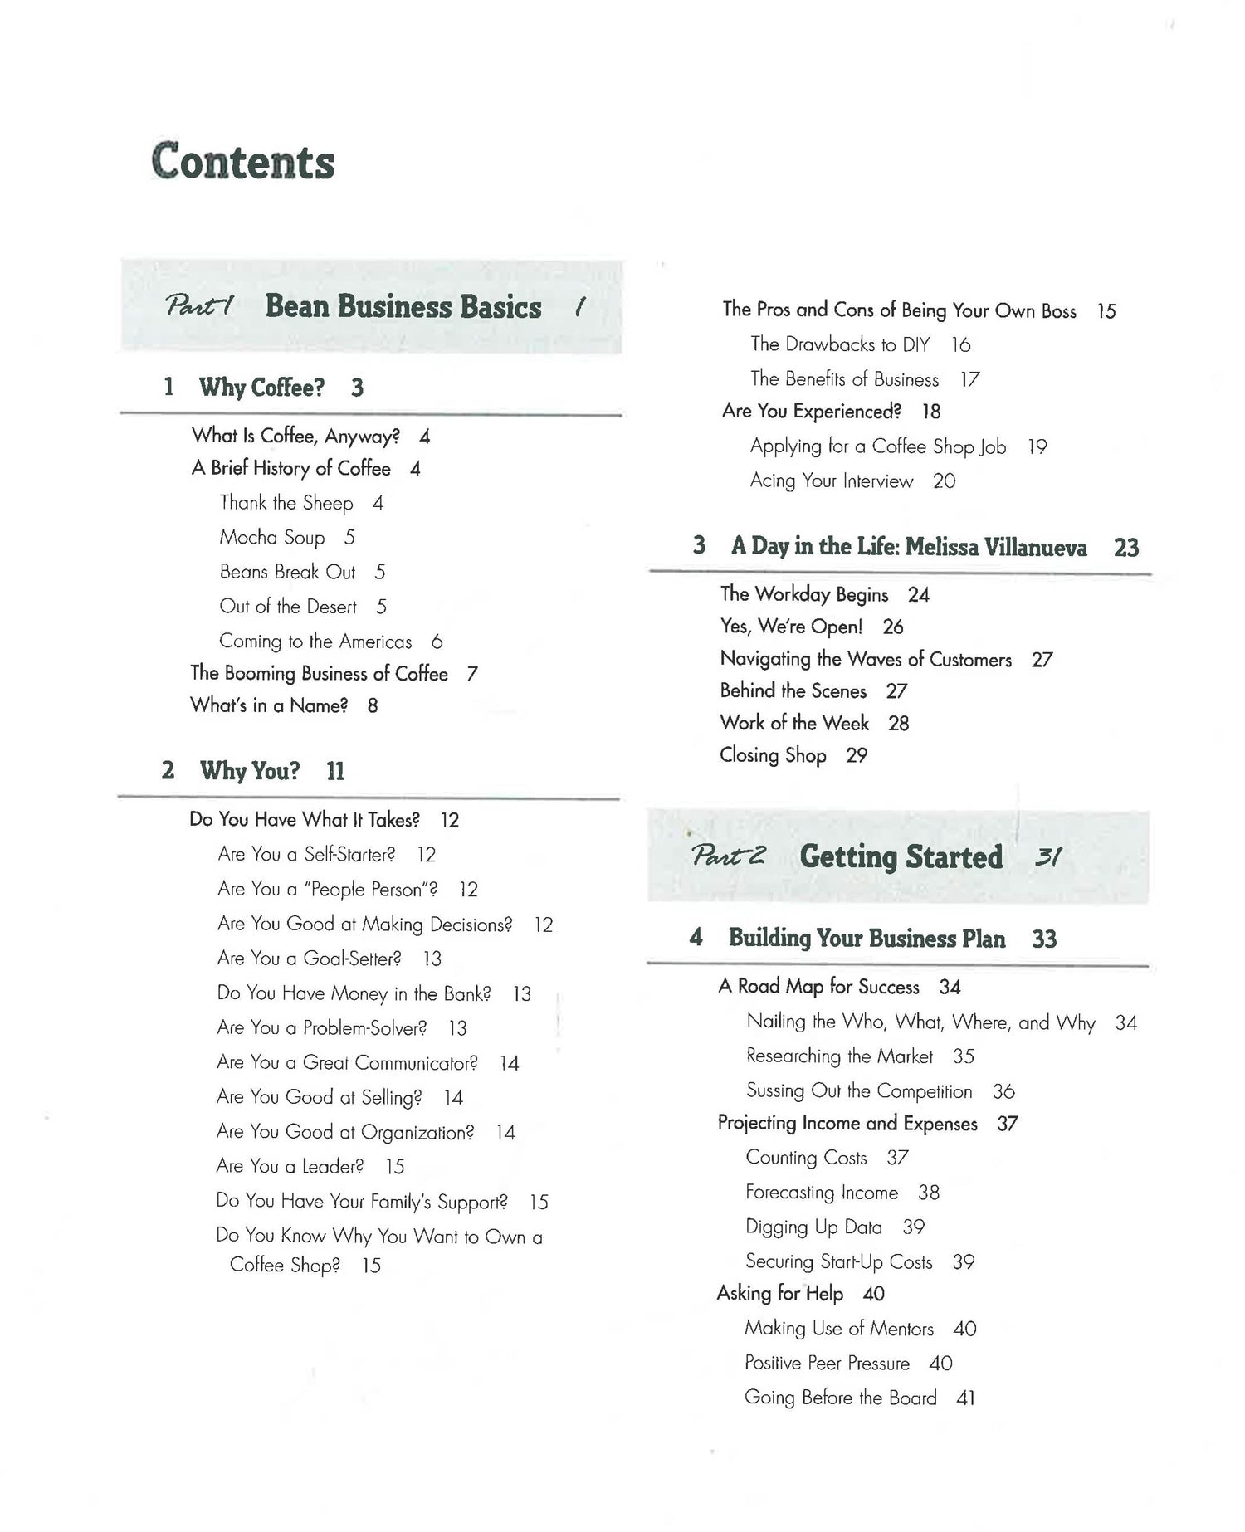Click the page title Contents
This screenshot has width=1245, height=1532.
(x=242, y=162)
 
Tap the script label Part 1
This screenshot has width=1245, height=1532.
(x=198, y=307)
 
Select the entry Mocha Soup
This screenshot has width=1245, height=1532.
(x=271, y=538)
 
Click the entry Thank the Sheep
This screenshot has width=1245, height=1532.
(x=286, y=503)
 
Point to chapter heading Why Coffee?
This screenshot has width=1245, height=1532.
(x=261, y=388)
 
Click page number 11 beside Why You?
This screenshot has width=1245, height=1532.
(x=335, y=772)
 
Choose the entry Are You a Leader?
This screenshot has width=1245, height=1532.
(x=290, y=1167)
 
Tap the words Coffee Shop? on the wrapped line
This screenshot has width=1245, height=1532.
(x=285, y=1266)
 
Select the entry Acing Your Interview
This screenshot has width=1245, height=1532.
(x=831, y=481)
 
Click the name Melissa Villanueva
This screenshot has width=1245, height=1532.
(x=996, y=547)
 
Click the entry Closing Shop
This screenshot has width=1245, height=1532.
(x=773, y=755)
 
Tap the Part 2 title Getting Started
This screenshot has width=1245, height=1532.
(x=901, y=857)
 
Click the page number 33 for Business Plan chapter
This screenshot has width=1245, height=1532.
(x=1044, y=939)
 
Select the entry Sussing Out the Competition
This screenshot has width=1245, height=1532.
(x=859, y=1091)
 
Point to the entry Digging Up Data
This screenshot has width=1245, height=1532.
(x=813, y=1227)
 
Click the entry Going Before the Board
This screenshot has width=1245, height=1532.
(x=840, y=1398)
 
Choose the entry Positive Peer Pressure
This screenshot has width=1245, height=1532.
(x=827, y=1364)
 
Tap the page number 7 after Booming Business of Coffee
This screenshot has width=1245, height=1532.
(x=472, y=674)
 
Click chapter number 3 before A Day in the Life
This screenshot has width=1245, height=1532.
(x=700, y=545)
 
